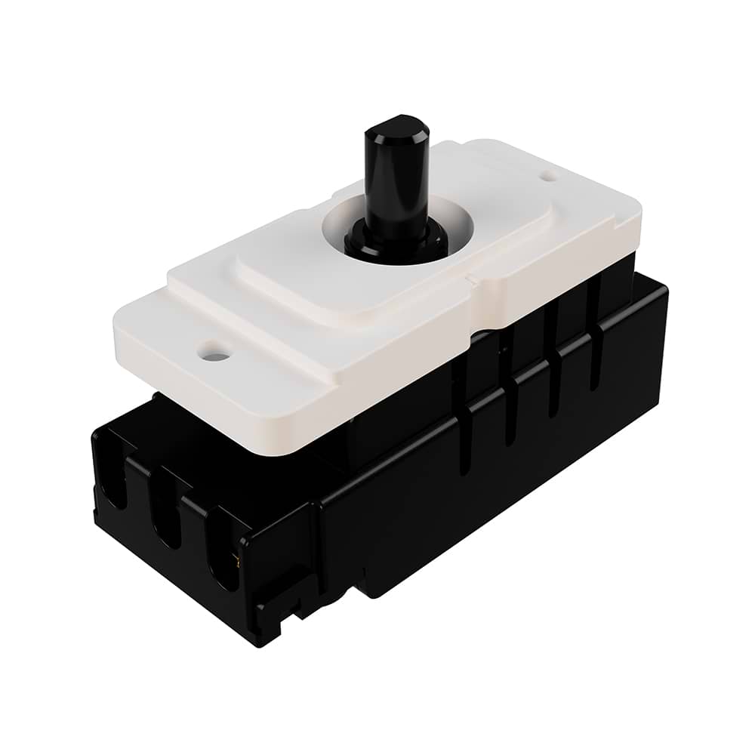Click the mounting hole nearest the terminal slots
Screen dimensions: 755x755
214,352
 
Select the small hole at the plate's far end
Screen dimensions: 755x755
550,176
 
